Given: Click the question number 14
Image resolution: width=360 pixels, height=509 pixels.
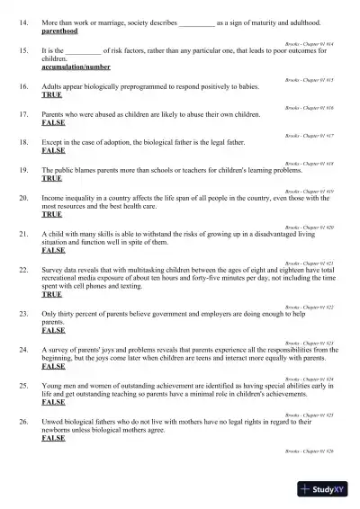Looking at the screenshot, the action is pyautogui.click(x=24, y=20).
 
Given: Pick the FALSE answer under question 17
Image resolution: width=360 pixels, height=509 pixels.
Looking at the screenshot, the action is pyautogui.click(x=54, y=122).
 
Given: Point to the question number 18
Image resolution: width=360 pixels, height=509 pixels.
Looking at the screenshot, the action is pyautogui.click(x=24, y=142).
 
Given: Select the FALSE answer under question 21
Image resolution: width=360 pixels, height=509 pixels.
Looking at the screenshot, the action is pyautogui.click(x=54, y=250).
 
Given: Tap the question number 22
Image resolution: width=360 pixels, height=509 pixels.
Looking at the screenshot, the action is pyautogui.click(x=24, y=270).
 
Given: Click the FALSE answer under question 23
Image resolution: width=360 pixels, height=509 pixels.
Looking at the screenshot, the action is pyautogui.click(x=54, y=330).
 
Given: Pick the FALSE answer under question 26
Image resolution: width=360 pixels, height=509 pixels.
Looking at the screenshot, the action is pyautogui.click(x=54, y=438).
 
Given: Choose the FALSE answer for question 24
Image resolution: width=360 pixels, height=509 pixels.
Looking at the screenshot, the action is pyautogui.click(x=54, y=367).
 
